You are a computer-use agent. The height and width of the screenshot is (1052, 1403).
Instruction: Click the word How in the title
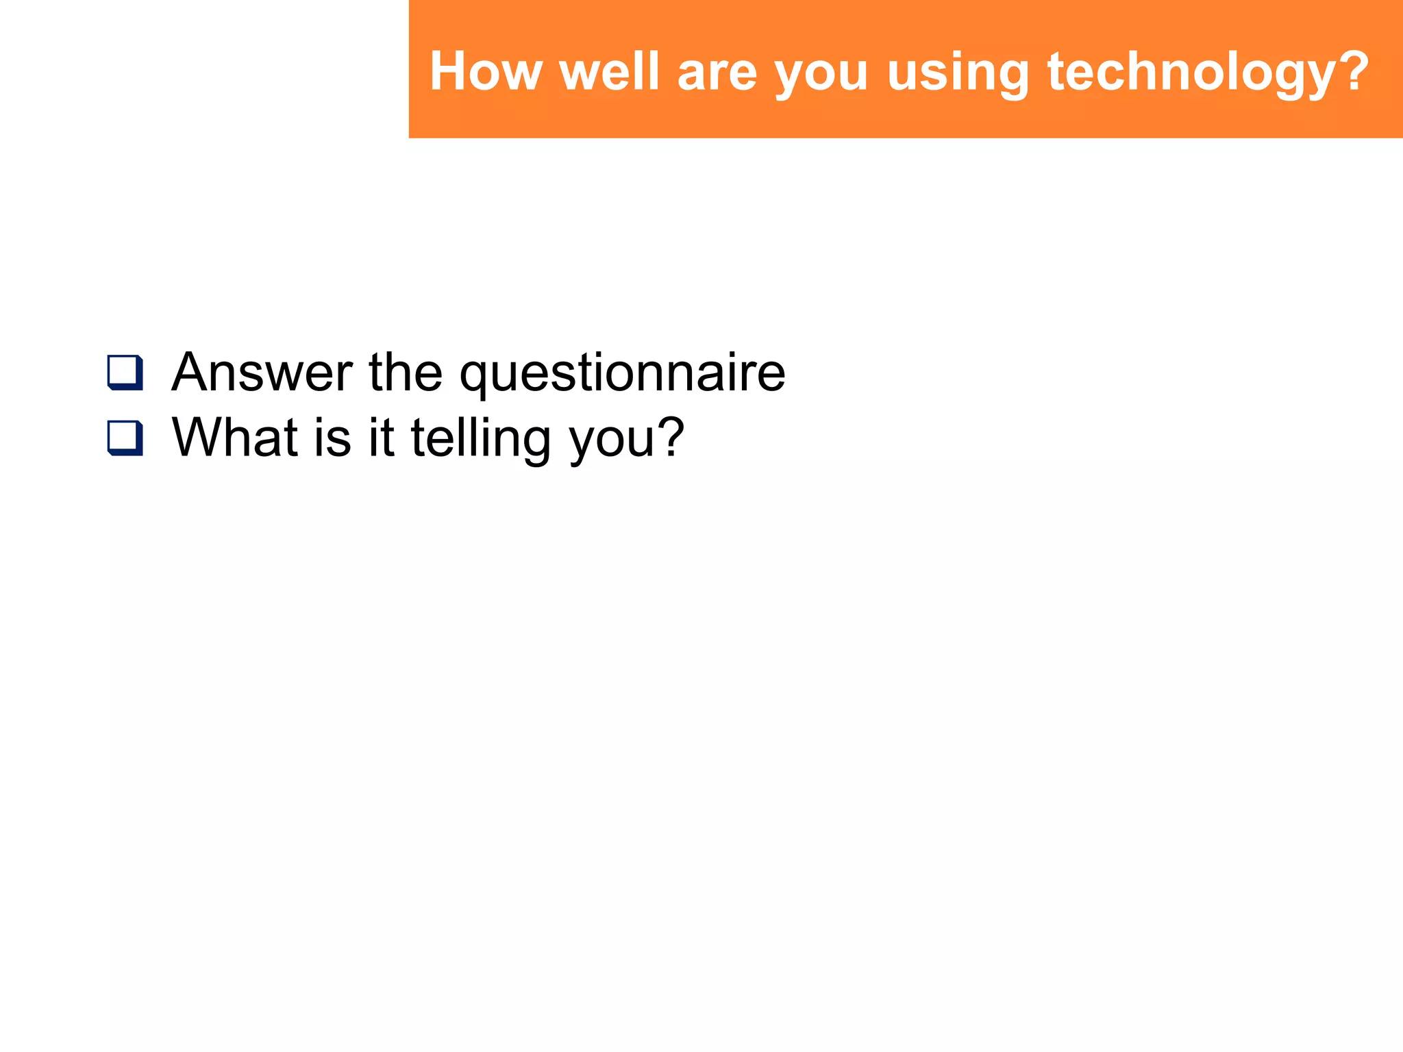(x=486, y=71)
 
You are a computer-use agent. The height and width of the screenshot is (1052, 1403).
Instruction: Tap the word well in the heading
(x=609, y=71)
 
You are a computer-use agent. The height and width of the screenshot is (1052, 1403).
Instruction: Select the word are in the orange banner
(x=717, y=73)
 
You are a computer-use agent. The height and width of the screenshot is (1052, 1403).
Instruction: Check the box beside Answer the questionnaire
(x=125, y=373)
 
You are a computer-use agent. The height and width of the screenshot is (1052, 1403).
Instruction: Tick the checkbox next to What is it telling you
(x=125, y=438)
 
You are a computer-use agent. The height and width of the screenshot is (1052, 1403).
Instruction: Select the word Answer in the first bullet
(x=262, y=373)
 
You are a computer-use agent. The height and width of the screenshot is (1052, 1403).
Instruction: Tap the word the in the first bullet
(x=406, y=373)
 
